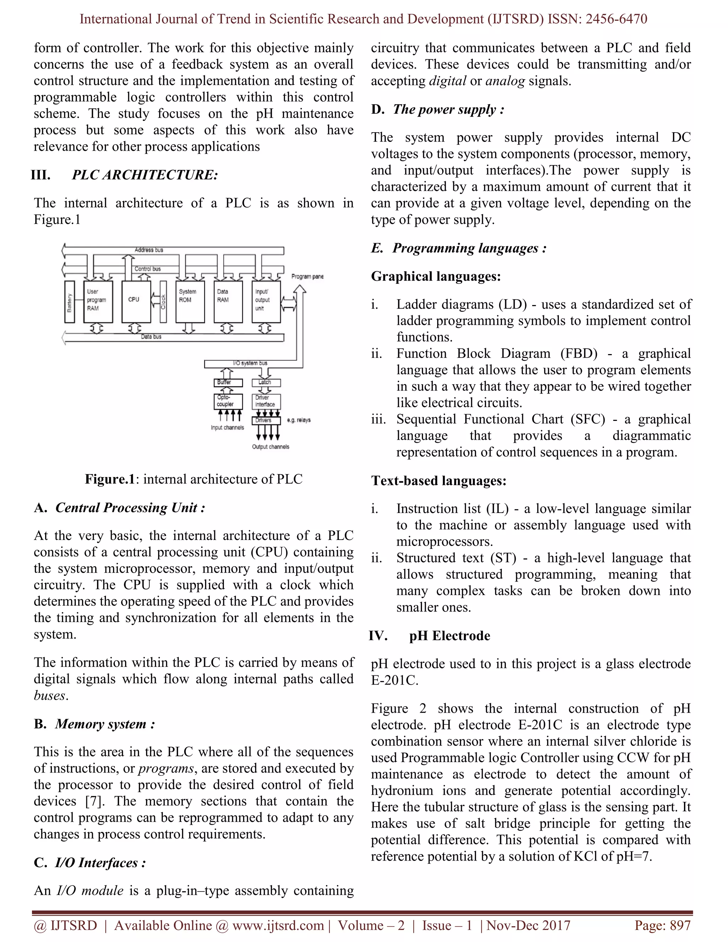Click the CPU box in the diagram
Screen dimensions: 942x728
point(136,301)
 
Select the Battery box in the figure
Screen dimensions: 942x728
point(69,301)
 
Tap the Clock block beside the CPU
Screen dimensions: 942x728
point(163,301)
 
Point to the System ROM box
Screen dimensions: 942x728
point(190,301)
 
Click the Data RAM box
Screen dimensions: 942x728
point(228,301)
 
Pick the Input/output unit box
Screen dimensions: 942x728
point(266,301)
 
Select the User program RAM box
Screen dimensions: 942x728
point(98,301)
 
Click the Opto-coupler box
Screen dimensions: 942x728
point(228,401)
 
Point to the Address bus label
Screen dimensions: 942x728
point(149,250)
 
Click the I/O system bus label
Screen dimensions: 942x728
point(250,363)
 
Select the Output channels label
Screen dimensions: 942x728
point(271,447)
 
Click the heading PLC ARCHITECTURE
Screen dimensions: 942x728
point(145,175)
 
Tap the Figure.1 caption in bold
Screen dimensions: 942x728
point(110,479)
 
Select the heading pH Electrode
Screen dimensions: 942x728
point(449,636)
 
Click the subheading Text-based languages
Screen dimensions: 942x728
point(439,481)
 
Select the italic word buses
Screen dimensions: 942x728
point(50,696)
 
